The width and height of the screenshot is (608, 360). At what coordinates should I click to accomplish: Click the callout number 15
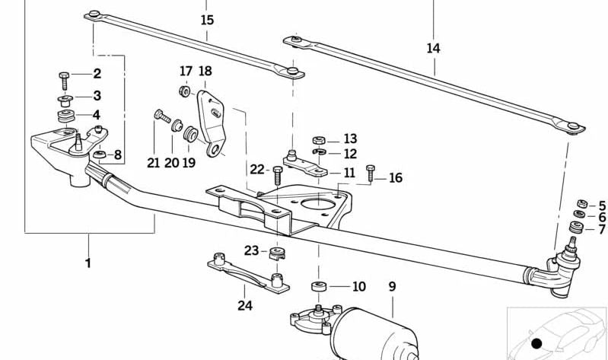(207, 20)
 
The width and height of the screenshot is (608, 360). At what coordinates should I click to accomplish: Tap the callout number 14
(433, 48)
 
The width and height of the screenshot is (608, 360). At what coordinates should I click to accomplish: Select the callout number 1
(88, 263)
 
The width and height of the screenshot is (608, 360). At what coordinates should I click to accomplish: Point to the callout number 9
(392, 287)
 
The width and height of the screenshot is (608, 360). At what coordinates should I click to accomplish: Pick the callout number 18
(205, 71)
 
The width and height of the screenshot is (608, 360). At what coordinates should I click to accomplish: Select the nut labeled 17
(183, 91)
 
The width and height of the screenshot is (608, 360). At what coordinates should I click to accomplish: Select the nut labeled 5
(580, 204)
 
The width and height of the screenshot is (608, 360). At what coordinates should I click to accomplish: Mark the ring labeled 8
(99, 156)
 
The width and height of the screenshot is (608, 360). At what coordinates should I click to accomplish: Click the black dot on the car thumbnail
(536, 344)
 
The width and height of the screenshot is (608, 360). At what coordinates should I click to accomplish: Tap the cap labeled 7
(577, 228)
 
